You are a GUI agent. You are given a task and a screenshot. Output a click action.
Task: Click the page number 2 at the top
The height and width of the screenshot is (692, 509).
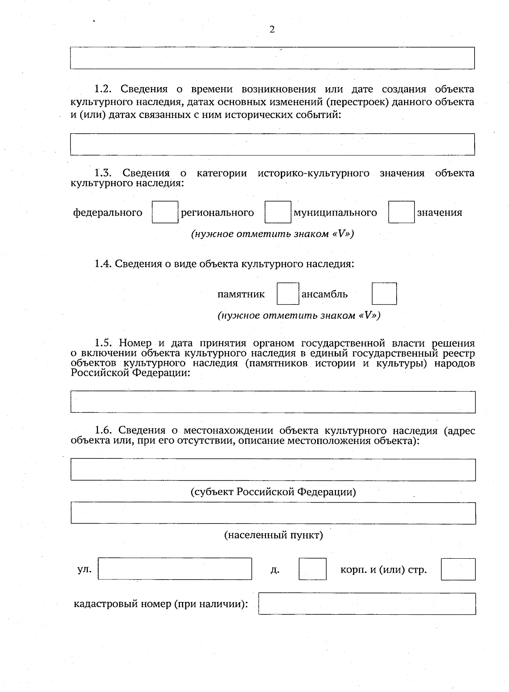click(x=272, y=29)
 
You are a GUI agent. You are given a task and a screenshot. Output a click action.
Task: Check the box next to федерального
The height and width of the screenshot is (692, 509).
click(x=165, y=212)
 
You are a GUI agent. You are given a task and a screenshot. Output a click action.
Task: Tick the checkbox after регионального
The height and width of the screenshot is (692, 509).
click(x=278, y=212)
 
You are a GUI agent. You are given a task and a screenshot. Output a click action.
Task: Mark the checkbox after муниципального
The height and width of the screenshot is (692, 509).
click(x=401, y=212)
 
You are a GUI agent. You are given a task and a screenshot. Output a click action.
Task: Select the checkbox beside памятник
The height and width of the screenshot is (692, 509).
click(x=288, y=294)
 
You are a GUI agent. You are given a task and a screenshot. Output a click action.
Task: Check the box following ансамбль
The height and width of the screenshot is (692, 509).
click(x=384, y=294)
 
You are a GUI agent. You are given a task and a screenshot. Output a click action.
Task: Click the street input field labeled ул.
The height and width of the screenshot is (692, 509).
click(x=175, y=569)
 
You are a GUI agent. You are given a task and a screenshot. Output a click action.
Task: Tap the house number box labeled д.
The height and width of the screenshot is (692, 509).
click(x=313, y=569)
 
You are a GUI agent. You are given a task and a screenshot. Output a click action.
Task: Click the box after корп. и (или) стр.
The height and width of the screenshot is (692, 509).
click(x=458, y=569)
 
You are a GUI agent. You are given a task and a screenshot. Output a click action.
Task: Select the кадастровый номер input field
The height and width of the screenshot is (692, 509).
click(x=367, y=604)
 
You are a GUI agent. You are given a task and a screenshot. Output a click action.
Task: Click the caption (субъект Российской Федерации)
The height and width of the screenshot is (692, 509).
click(x=273, y=492)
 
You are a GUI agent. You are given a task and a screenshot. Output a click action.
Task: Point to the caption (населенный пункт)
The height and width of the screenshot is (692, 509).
click(x=274, y=535)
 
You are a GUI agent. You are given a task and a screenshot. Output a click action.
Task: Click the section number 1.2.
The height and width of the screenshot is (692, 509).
click(x=103, y=89)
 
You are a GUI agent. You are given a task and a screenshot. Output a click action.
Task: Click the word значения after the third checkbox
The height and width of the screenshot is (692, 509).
click(x=439, y=213)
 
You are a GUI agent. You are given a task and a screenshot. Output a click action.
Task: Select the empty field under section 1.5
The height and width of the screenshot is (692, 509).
click(x=273, y=402)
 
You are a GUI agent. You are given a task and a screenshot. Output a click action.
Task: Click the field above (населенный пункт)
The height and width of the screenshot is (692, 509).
click(x=273, y=513)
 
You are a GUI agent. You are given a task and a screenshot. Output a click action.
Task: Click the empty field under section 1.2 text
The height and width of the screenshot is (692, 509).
click(x=272, y=144)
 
